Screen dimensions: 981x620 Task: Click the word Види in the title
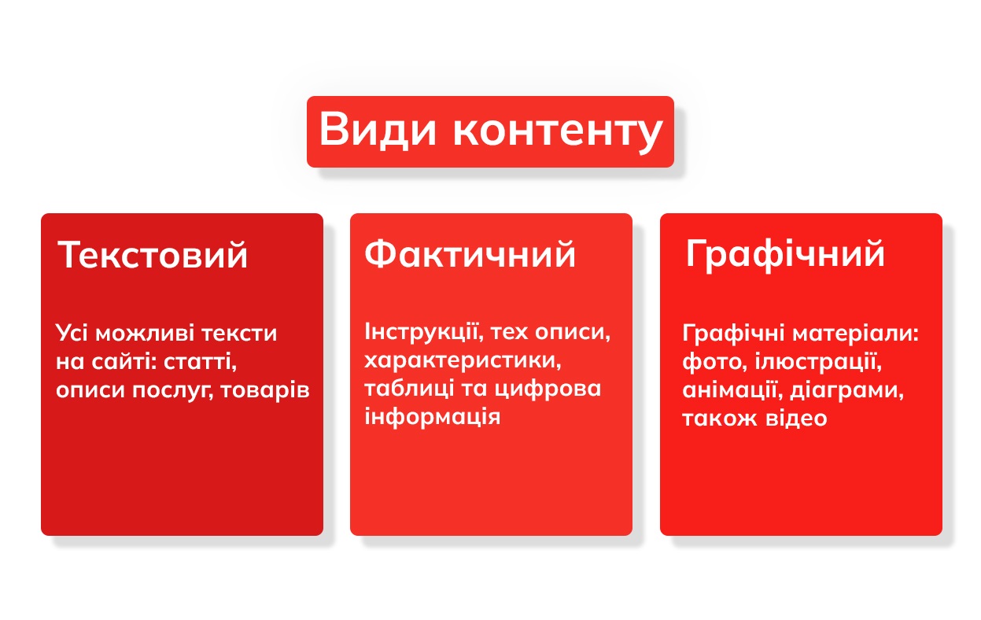point(378,130)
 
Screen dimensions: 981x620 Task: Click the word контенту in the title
point(558,131)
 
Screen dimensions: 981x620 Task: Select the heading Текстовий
point(153,255)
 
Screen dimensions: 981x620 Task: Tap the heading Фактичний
point(470,254)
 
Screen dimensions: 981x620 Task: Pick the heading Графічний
point(785,255)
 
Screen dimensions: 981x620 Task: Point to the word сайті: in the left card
point(124,362)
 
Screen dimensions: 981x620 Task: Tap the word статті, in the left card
point(200,363)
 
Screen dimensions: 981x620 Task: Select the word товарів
point(264,390)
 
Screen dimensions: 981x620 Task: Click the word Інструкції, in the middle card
point(424,332)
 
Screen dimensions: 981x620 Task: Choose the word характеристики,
point(463,361)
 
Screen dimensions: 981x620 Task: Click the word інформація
point(432,417)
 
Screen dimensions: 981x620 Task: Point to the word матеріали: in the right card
point(855,334)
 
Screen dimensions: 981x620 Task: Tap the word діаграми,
point(846,390)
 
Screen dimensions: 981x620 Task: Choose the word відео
point(796,418)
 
